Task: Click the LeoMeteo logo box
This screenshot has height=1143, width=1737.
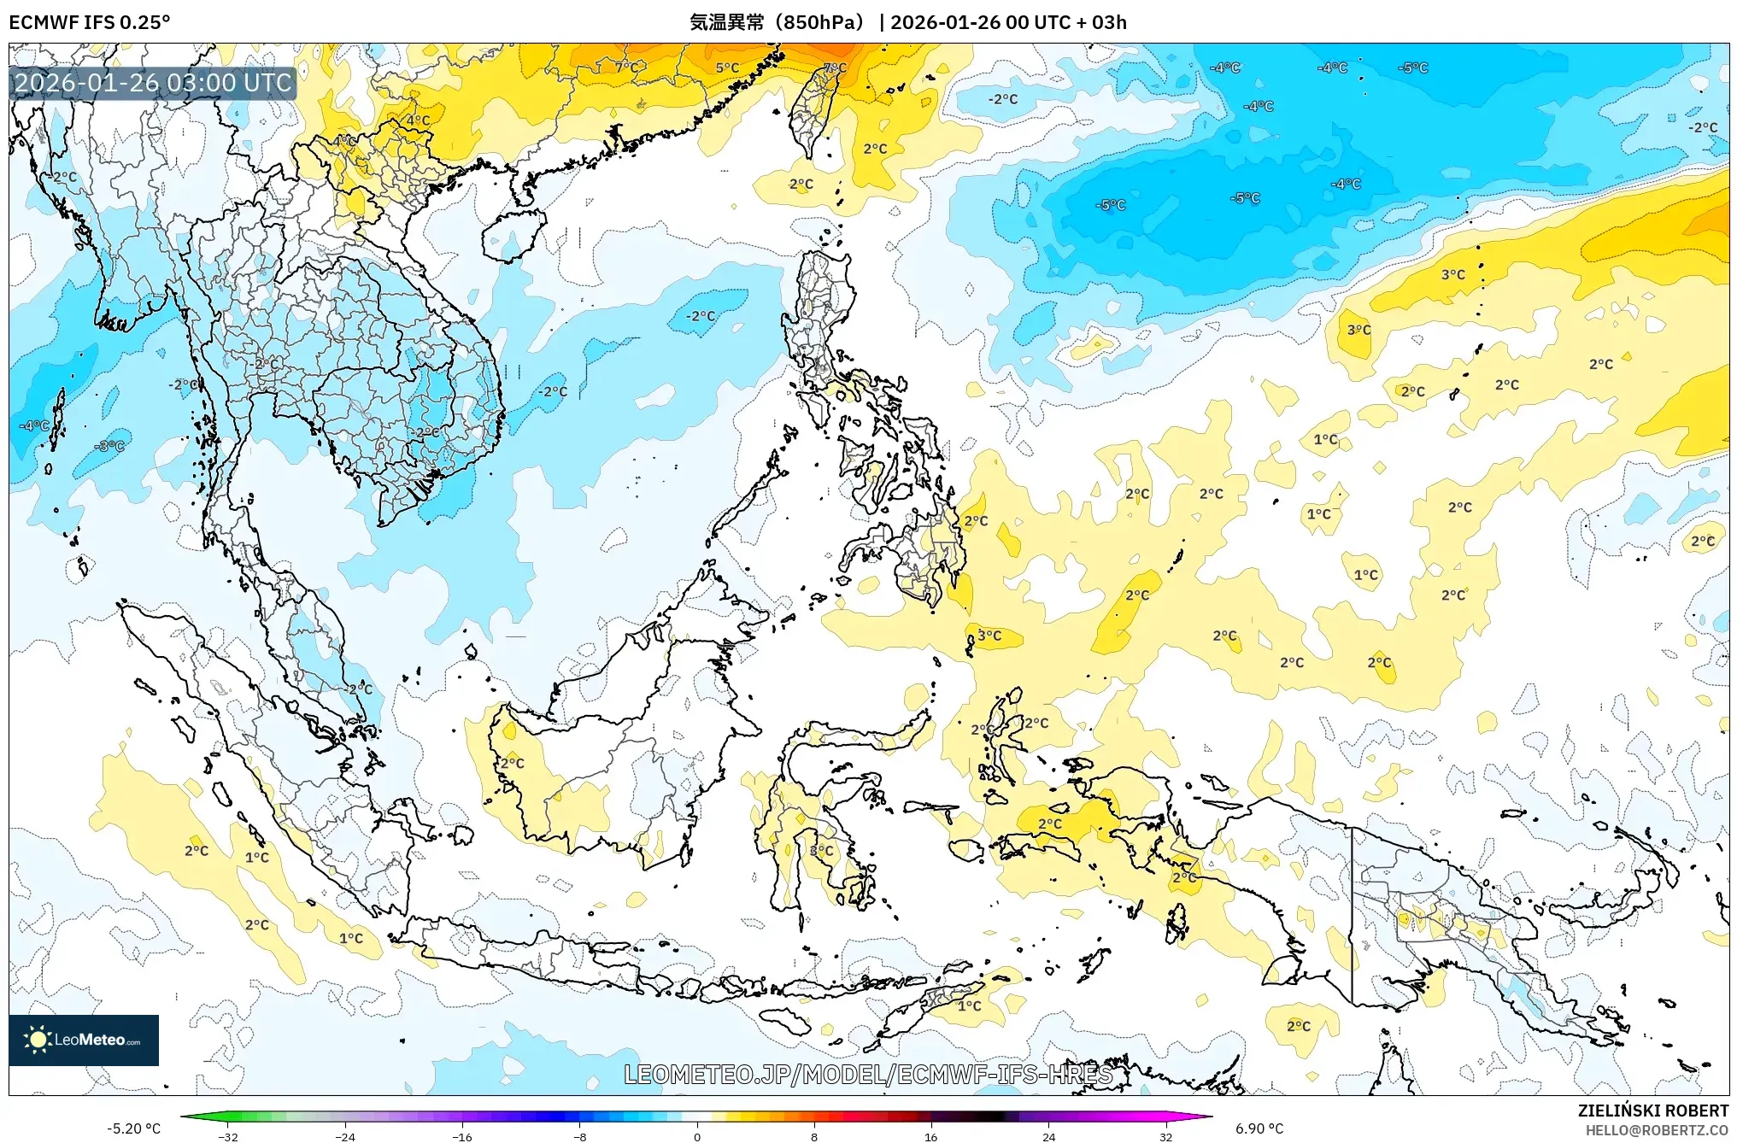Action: [84, 1040]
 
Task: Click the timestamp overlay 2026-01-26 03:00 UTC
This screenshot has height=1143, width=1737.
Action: [153, 83]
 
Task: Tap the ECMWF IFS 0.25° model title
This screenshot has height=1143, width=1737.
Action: [90, 22]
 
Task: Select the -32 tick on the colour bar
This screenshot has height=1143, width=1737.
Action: [228, 1136]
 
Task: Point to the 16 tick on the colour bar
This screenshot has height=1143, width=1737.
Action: [930, 1136]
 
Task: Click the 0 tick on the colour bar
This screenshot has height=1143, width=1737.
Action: [696, 1136]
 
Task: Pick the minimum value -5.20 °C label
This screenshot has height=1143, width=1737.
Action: [133, 1128]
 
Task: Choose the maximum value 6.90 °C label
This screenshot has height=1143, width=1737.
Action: [1259, 1128]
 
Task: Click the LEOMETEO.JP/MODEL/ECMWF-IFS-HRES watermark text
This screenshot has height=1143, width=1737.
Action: [868, 1075]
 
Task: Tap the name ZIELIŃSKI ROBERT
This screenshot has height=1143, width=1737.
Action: [1652, 1111]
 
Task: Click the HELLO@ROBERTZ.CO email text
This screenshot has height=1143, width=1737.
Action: [1657, 1130]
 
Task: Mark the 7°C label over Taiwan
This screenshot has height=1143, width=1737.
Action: [835, 68]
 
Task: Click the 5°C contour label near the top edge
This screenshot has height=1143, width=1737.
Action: [727, 68]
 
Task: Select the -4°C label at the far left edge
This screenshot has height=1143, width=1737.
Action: [34, 425]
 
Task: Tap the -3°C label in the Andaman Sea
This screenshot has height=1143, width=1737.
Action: [110, 446]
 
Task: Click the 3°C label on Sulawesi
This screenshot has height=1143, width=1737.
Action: [821, 851]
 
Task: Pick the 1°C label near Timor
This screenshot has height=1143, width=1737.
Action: [969, 1005]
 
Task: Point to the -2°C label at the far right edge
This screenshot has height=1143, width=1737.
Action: [1702, 128]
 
